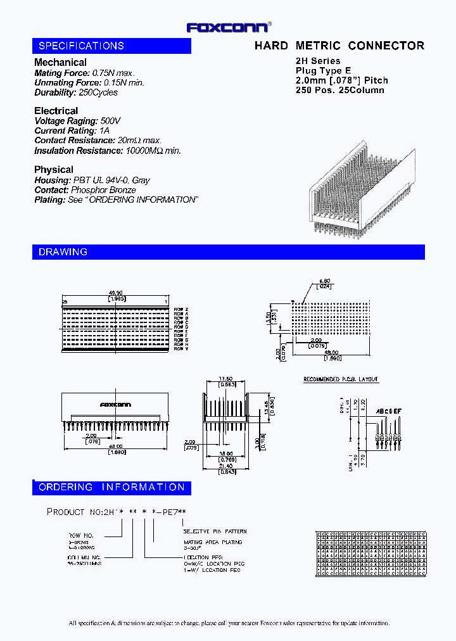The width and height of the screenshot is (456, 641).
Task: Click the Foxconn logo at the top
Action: [228, 27]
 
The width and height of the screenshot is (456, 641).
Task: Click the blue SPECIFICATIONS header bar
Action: [111, 46]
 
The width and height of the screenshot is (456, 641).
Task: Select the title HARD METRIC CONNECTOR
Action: [339, 46]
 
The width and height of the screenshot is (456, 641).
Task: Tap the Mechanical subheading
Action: [60, 62]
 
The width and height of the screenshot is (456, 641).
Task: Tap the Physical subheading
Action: [53, 170]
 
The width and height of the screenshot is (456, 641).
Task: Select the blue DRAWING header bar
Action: [228, 252]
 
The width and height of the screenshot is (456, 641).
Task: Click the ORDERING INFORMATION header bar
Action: [111, 487]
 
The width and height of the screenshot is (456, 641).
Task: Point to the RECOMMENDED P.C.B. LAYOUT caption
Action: [341, 379]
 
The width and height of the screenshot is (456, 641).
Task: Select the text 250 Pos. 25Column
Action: [339, 90]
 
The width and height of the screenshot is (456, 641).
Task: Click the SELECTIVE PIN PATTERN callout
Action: [215, 531]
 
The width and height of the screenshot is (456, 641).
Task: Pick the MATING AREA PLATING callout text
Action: [212, 543]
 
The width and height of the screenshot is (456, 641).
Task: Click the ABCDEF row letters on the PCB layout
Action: [389, 411]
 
